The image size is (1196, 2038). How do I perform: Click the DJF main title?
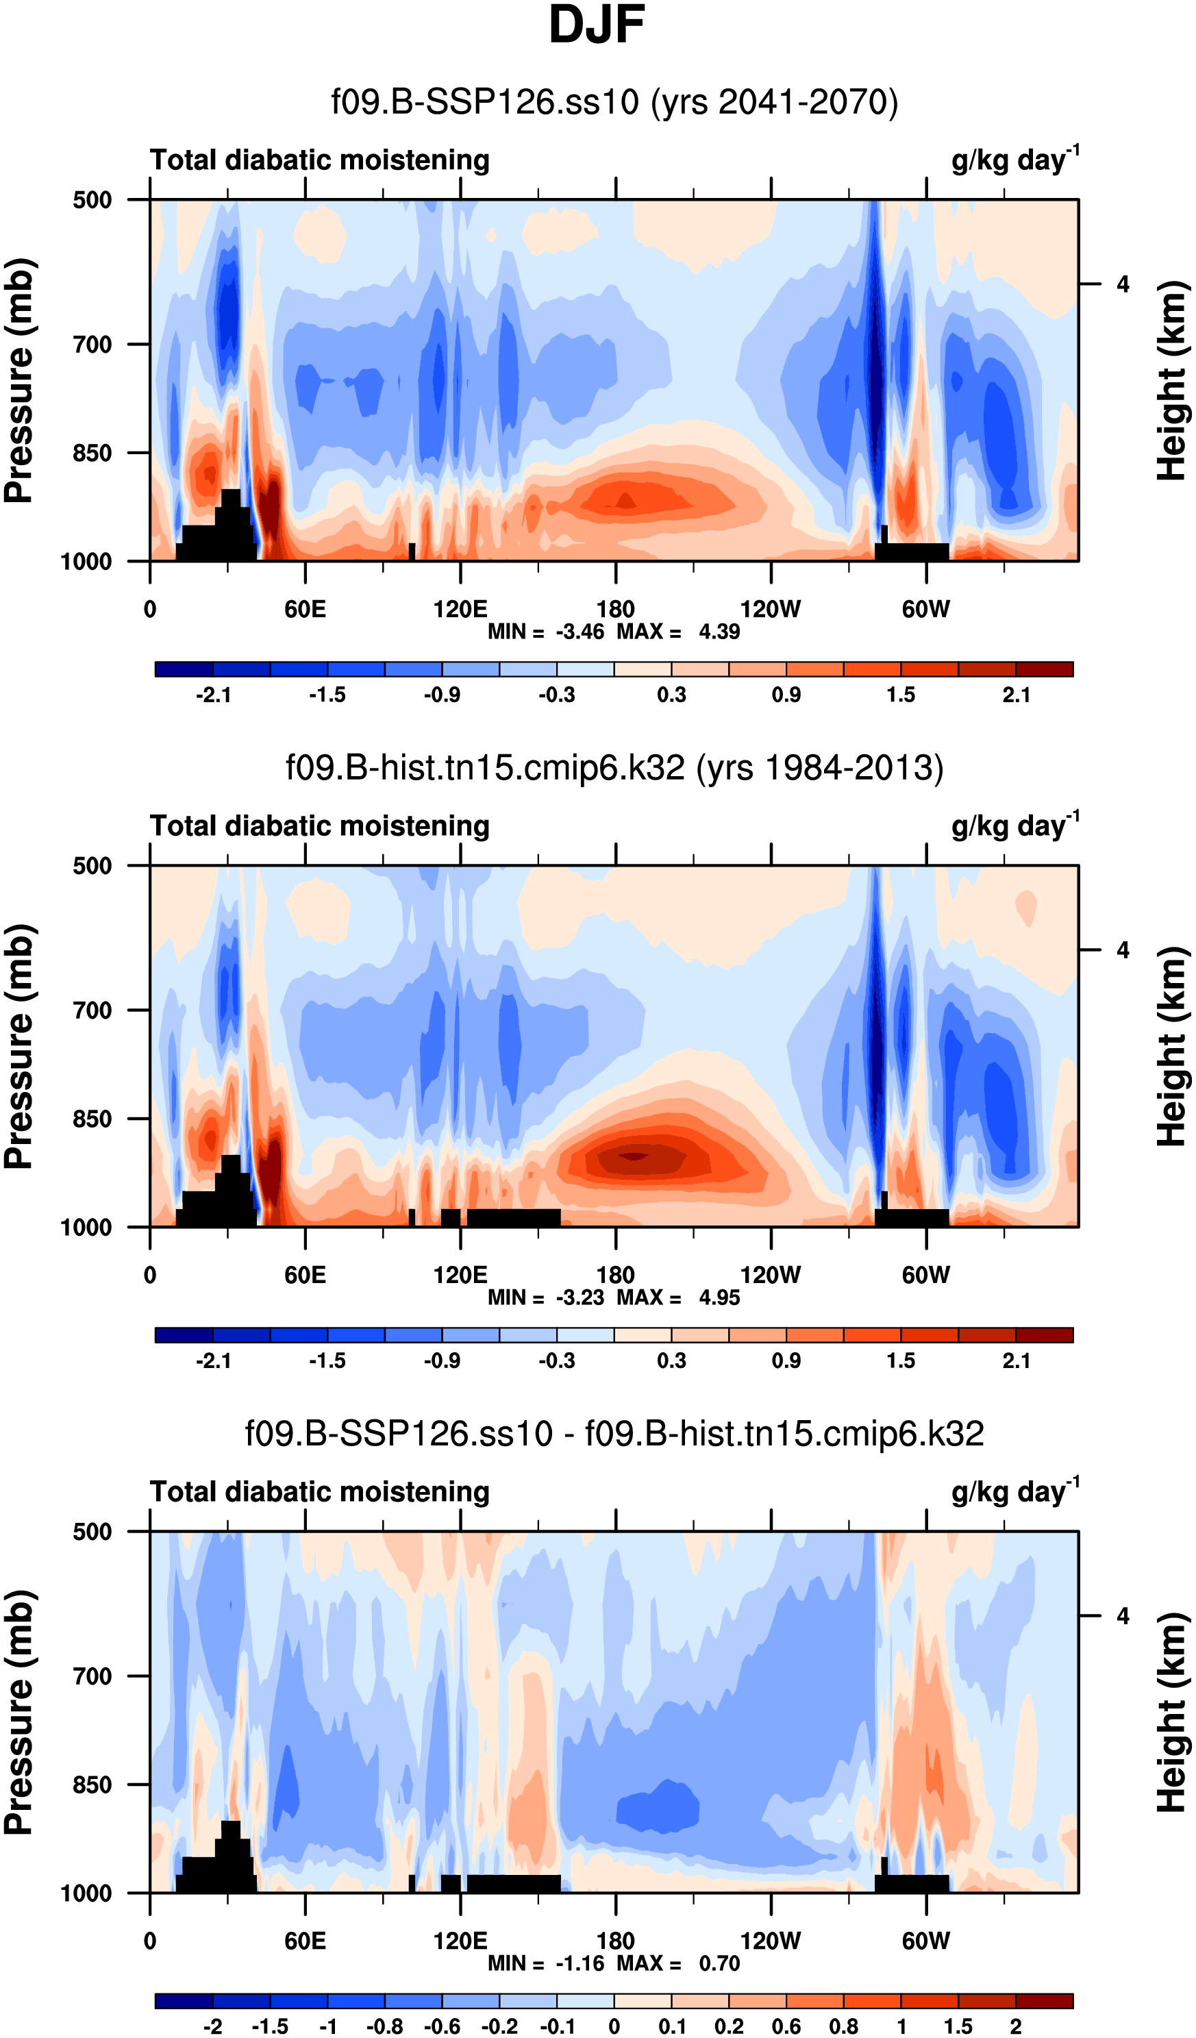click(597, 26)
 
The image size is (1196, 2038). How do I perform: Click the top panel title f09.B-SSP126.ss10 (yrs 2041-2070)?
click(614, 103)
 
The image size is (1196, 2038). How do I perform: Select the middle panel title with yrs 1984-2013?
click(614, 767)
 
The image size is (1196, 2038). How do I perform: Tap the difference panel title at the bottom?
click(614, 1433)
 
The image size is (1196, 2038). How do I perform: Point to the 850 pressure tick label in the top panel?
click(92, 453)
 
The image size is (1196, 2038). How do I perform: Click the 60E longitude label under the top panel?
click(305, 609)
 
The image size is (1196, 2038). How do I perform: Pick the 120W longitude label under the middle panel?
click(770, 1276)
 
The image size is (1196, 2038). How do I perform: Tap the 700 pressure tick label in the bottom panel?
click(92, 1676)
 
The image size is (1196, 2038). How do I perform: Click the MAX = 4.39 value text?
click(678, 632)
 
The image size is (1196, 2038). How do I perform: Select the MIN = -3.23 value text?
click(546, 1298)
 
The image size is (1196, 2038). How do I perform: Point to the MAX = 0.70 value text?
click(678, 1963)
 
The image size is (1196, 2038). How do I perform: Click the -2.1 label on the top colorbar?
click(214, 695)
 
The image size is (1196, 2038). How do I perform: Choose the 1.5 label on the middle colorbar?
click(900, 1361)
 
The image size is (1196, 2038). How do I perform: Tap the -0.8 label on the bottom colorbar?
click(385, 2026)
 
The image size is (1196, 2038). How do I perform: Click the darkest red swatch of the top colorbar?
click(1044, 669)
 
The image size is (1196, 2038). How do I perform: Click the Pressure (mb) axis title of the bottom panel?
click(19, 1713)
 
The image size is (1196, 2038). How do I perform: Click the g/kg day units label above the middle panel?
click(1015, 825)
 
